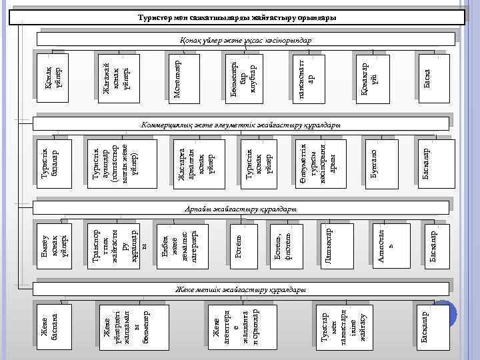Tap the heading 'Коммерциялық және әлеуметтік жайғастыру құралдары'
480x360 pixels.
coord(241,125)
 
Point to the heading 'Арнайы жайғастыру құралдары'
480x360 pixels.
coord(241,210)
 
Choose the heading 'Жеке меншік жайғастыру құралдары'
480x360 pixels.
coord(241,291)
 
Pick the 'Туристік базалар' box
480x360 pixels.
coord(49,161)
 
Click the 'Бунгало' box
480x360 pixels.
coord(373,161)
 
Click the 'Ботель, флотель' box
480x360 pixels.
coord(283,245)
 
